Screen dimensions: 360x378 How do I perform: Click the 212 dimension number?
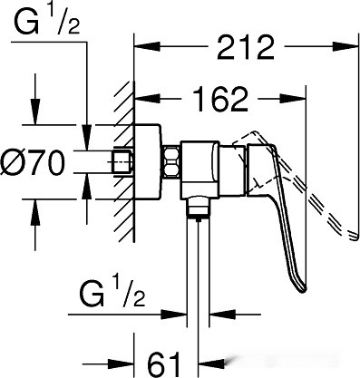tap(246, 47)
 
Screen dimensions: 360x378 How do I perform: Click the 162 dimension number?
tap(219, 99)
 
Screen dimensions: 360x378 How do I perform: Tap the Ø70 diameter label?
tap(33, 163)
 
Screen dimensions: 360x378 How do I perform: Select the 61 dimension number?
tap(163, 363)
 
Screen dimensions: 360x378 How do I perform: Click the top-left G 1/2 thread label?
tap(47, 21)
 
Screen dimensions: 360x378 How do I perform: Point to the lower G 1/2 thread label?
tap(112, 294)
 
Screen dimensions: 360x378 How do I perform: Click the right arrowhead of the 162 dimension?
tap(293, 99)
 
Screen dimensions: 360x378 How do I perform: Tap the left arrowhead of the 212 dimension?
tap(147, 47)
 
